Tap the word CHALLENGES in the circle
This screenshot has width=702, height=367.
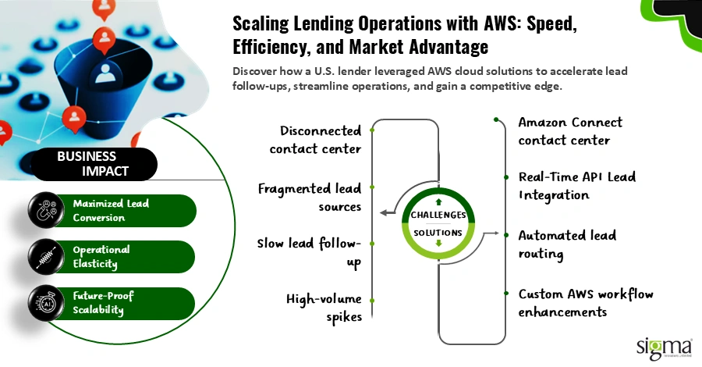440,215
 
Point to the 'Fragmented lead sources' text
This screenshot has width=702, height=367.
310,198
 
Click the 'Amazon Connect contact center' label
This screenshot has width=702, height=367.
570,131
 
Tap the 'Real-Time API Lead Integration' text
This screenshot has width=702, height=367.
576,187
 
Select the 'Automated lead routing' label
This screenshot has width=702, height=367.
567,244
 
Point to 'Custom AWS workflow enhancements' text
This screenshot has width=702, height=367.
586,303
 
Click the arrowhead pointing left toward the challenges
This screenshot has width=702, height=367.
383,212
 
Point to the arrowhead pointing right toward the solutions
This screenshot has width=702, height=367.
495,232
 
